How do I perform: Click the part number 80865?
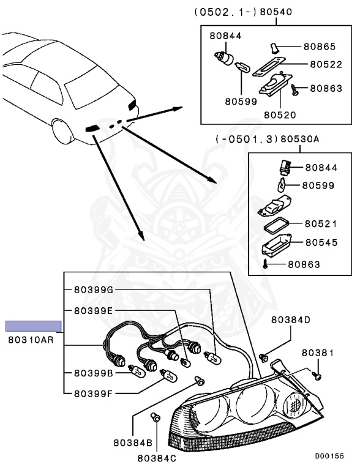click(x=319, y=47)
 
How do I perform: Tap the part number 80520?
click(x=280, y=114)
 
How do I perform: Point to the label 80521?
click(x=321, y=225)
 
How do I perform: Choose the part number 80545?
click(x=321, y=243)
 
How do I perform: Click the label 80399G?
click(x=94, y=289)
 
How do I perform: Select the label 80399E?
click(x=93, y=311)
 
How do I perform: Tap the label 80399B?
click(x=93, y=372)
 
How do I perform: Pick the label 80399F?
click(x=93, y=394)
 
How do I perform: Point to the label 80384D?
click(x=291, y=319)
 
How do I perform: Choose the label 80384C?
click(x=156, y=457)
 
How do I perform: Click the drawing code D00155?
click(x=329, y=456)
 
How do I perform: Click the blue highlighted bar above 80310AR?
click(x=34, y=326)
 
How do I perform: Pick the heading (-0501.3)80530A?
click(x=267, y=140)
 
